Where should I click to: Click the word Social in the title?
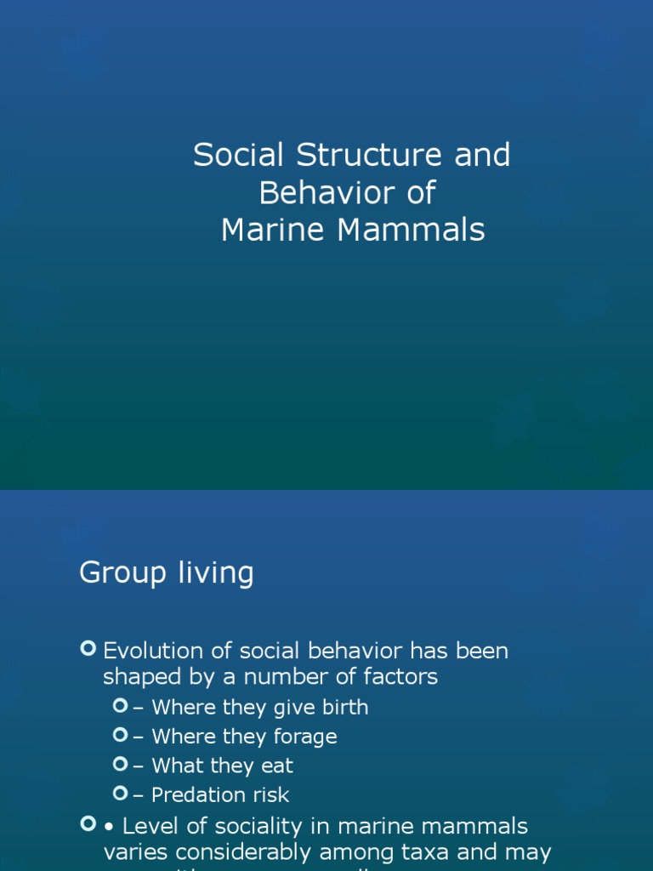point(240,156)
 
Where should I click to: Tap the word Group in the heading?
point(119,573)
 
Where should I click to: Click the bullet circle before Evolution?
point(88,650)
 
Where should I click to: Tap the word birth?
point(339,708)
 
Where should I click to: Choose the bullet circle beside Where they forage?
point(120,735)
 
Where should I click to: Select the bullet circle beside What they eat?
point(120,765)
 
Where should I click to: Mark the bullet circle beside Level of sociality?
point(88,824)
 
